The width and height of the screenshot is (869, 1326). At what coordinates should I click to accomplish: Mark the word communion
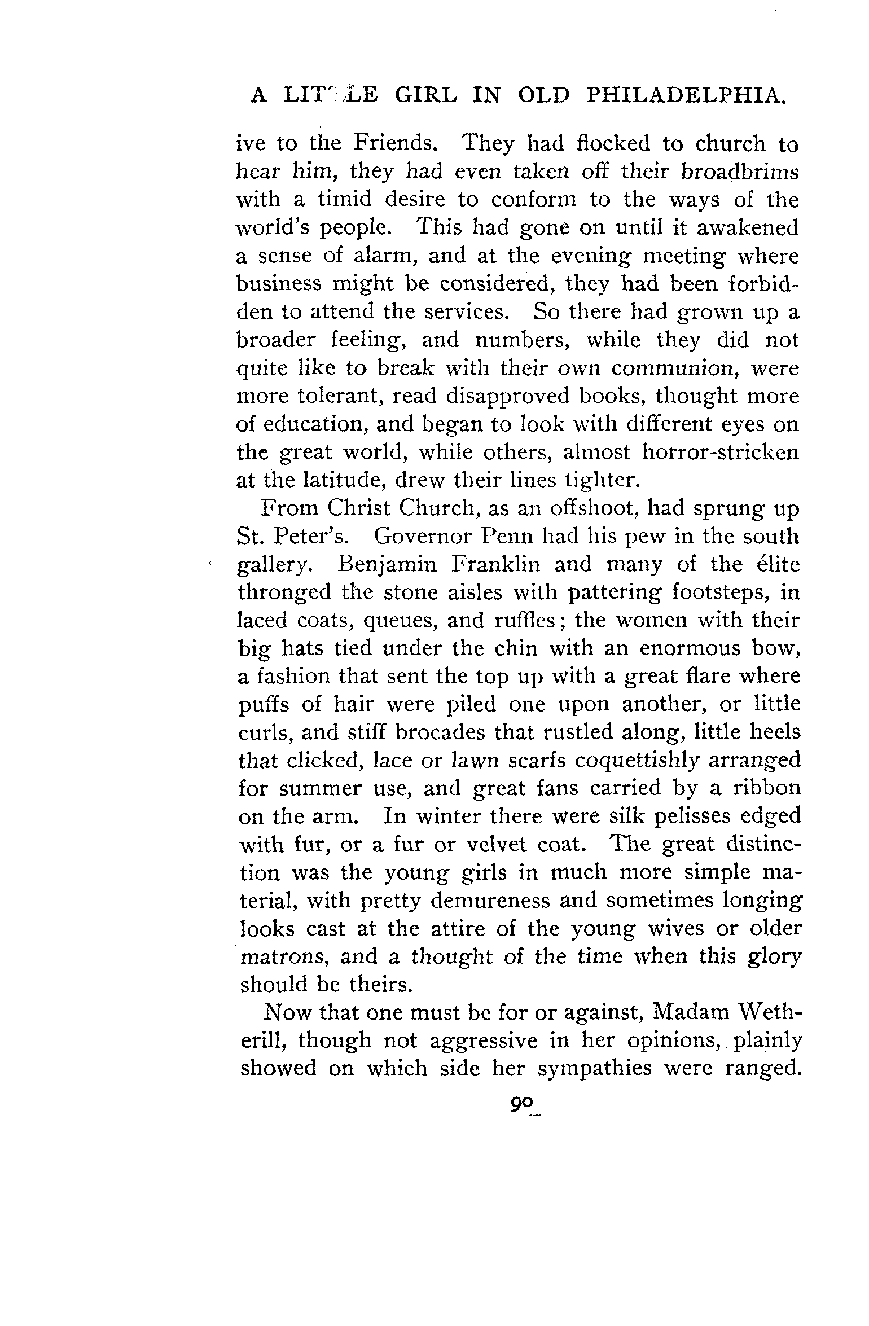[678, 368]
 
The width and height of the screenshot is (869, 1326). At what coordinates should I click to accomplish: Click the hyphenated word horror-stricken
[721, 453]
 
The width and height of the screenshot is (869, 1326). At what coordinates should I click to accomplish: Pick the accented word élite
[776, 565]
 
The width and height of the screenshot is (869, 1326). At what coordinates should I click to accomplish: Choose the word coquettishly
[637, 761]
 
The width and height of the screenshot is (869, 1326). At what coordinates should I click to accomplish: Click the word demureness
[490, 901]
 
